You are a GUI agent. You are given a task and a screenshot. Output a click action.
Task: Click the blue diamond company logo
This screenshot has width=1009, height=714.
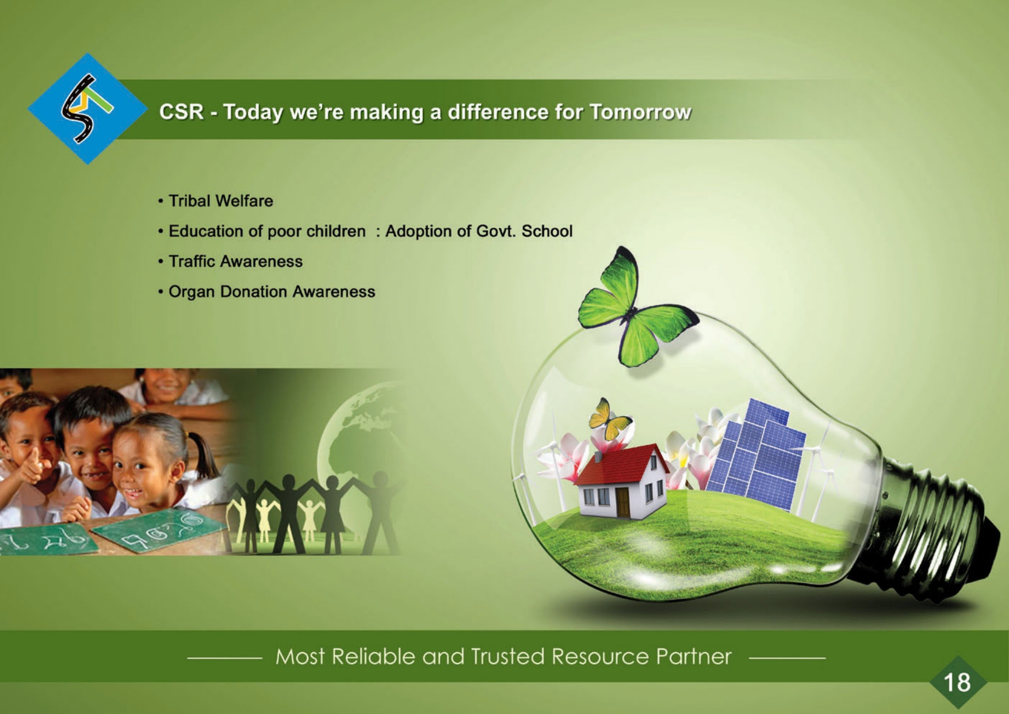87,109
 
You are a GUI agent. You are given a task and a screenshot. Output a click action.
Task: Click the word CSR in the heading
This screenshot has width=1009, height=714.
181,112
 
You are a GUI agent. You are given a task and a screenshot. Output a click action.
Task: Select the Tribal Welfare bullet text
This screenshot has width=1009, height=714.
221,201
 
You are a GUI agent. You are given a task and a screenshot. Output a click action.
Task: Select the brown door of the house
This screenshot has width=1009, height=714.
622,502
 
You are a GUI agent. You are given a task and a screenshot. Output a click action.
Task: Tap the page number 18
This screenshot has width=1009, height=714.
957,682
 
